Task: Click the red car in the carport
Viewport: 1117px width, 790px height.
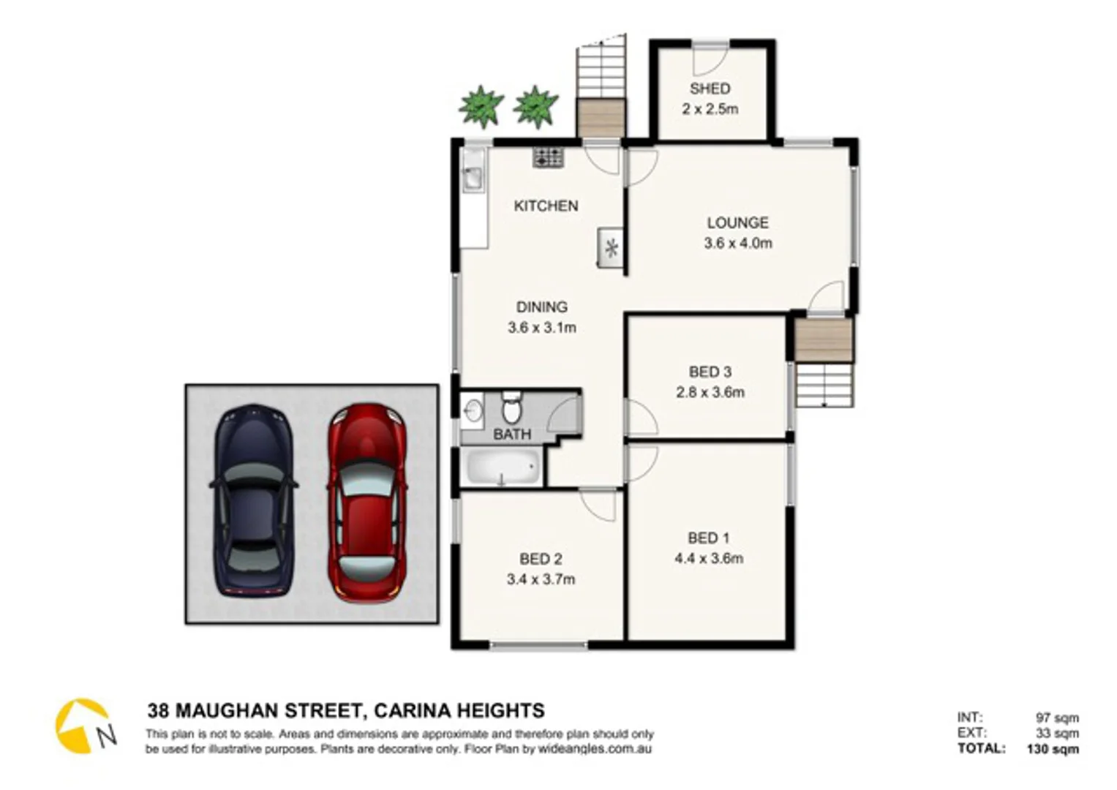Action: tap(366, 503)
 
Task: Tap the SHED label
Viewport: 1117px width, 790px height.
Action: tap(710, 89)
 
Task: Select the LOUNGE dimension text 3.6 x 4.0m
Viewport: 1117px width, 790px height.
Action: tap(737, 244)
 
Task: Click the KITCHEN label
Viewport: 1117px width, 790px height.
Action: tap(546, 206)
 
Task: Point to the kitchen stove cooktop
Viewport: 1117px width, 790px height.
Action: tap(549, 157)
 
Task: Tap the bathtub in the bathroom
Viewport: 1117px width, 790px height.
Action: tap(503, 467)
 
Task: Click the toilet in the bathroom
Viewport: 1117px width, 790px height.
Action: tap(512, 407)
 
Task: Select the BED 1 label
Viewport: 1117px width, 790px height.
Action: tap(708, 538)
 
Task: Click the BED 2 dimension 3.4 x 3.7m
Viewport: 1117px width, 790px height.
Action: tap(541, 580)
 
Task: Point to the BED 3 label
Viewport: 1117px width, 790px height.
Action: tap(710, 372)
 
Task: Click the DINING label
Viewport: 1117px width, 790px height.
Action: tap(541, 307)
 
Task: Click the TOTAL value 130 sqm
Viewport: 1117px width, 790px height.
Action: tap(1052, 749)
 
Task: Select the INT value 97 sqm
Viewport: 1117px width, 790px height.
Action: tap(1057, 718)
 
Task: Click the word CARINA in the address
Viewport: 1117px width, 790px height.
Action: tap(411, 711)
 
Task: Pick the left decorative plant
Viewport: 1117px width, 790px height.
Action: tap(481, 107)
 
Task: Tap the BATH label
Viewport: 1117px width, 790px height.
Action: tap(512, 434)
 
